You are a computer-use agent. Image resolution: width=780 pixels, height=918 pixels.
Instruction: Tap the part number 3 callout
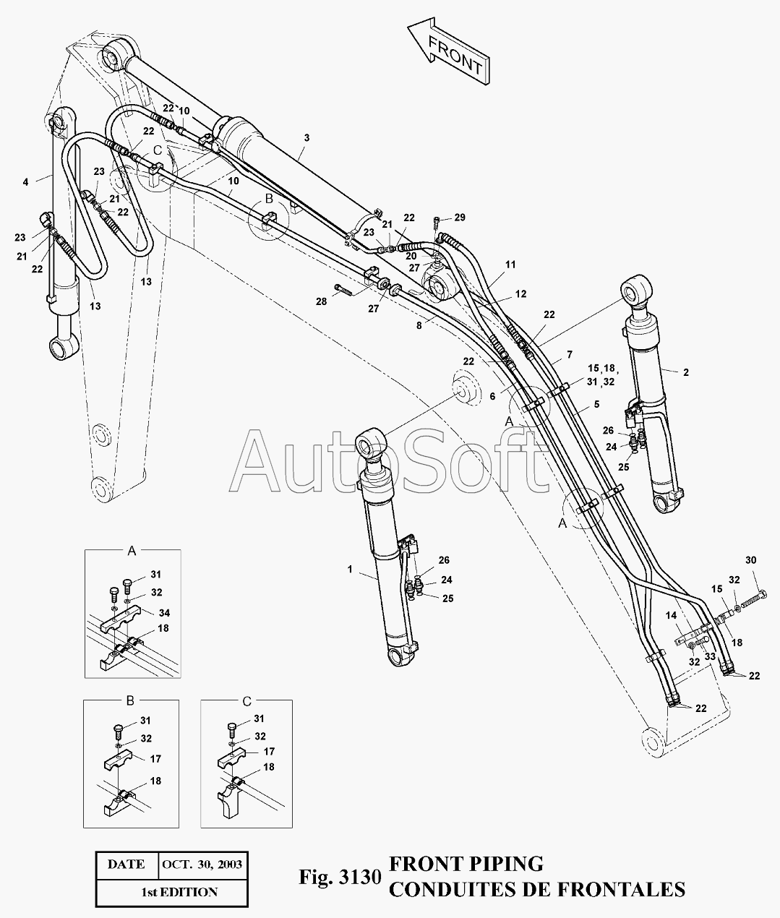pyautogui.click(x=307, y=137)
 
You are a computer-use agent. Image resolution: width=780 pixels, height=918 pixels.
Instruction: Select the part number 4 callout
pyautogui.click(x=25, y=182)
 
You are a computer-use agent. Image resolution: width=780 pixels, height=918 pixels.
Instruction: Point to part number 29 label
pyautogui.click(x=460, y=218)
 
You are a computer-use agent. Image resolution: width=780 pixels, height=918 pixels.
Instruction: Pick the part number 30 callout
pyautogui.click(x=750, y=560)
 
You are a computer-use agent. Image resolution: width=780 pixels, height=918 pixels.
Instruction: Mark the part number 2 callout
pyautogui.click(x=685, y=372)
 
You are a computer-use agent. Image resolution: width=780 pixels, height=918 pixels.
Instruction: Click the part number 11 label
pyautogui.click(x=510, y=265)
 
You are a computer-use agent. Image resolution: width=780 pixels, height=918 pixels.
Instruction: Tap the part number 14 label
pyautogui.click(x=672, y=615)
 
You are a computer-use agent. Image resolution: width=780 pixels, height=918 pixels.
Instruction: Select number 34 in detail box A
pyautogui.click(x=163, y=612)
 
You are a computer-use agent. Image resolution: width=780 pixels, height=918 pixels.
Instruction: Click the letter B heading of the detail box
pyautogui.click(x=130, y=702)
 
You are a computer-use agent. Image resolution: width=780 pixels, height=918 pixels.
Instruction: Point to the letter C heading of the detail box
pyautogui.click(x=247, y=702)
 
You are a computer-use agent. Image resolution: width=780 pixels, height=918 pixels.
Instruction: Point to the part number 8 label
pyautogui.click(x=419, y=326)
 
